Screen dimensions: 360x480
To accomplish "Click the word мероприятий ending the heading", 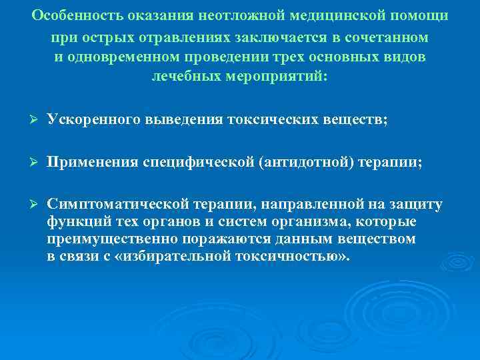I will point(284,77).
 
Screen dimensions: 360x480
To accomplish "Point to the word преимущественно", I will point(109,239).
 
